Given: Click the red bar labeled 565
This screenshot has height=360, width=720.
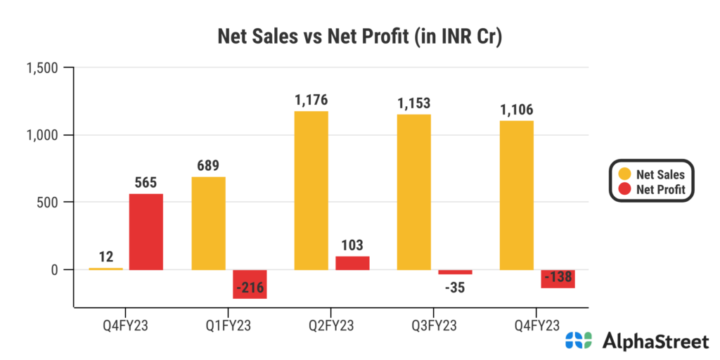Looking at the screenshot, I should click(x=146, y=231).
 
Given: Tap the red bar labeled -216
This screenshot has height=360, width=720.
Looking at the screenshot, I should click(x=250, y=284).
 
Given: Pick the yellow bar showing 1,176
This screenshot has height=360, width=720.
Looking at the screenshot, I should click(x=311, y=190).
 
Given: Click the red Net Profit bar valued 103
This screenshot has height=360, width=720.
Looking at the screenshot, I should click(x=352, y=262).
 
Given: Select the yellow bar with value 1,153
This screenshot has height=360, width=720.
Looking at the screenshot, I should click(x=413, y=191).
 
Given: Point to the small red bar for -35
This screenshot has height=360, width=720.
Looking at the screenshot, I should click(x=455, y=272).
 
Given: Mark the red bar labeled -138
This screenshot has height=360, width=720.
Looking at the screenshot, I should click(x=558, y=278).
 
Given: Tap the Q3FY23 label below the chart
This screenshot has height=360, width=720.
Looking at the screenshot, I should click(x=434, y=326).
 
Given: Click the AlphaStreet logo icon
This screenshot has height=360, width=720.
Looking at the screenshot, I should click(x=580, y=342).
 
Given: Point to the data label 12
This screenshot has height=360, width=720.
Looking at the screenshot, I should click(x=105, y=257).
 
